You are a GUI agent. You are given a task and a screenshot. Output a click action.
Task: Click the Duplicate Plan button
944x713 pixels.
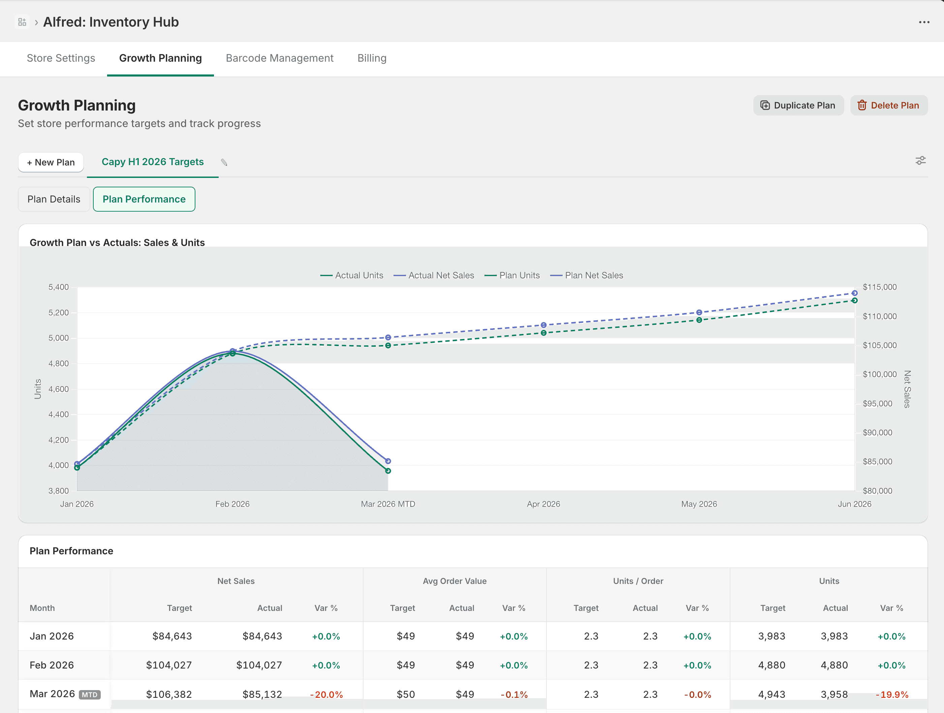[798, 105]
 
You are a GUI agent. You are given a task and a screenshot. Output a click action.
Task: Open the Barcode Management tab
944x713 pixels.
[280, 58]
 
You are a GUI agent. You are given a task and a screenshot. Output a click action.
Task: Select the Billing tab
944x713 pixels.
[372, 58]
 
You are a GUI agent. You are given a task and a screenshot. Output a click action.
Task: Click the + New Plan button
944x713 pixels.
[51, 162]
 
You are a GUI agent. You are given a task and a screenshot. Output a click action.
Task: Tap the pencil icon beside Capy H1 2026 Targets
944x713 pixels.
[224, 162]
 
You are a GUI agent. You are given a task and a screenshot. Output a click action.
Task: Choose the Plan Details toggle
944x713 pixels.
[54, 199]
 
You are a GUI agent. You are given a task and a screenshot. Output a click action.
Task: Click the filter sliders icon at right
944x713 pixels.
[920, 160]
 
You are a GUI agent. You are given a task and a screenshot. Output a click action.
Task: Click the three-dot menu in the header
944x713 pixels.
[924, 22]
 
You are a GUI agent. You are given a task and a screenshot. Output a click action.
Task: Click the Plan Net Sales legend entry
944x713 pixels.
[587, 275]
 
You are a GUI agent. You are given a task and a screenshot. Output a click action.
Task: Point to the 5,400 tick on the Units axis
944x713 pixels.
[59, 287]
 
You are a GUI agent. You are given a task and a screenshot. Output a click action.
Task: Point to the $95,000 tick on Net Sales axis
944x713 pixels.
[877, 403]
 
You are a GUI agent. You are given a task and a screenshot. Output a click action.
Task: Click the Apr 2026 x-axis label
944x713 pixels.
[543, 504]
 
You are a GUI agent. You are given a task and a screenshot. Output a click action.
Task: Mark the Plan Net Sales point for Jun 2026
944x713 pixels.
[854, 293]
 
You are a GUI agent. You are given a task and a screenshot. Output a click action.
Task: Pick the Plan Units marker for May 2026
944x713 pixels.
[699, 320]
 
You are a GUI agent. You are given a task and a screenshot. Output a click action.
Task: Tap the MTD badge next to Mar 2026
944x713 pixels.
[90, 695]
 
